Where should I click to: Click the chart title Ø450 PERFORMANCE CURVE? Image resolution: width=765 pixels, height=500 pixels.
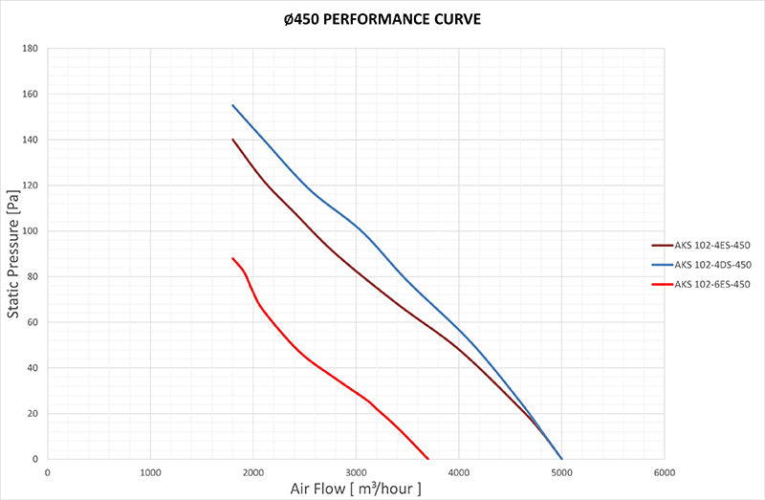click(x=382, y=17)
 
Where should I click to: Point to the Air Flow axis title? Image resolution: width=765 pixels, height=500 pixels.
click(x=355, y=489)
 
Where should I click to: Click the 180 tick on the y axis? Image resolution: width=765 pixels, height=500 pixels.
click(x=32, y=49)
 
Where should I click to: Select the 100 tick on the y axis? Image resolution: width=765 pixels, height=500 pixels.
click(x=32, y=231)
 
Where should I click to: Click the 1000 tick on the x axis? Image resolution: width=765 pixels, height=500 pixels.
click(x=150, y=472)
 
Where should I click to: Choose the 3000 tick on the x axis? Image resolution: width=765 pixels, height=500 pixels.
click(x=356, y=472)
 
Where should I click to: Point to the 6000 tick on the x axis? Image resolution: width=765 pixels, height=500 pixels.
click(x=665, y=472)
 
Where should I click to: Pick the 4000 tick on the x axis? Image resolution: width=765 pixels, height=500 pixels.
click(x=459, y=472)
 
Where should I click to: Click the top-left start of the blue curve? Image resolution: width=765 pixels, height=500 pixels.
click(x=232, y=105)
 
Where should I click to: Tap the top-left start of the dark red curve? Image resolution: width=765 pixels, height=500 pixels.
click(x=232, y=140)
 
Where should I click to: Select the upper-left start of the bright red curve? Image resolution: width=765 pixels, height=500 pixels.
click(x=232, y=258)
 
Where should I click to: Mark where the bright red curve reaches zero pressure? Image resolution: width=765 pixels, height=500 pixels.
click(x=428, y=459)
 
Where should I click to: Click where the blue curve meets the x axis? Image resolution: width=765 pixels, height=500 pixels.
click(x=561, y=459)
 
